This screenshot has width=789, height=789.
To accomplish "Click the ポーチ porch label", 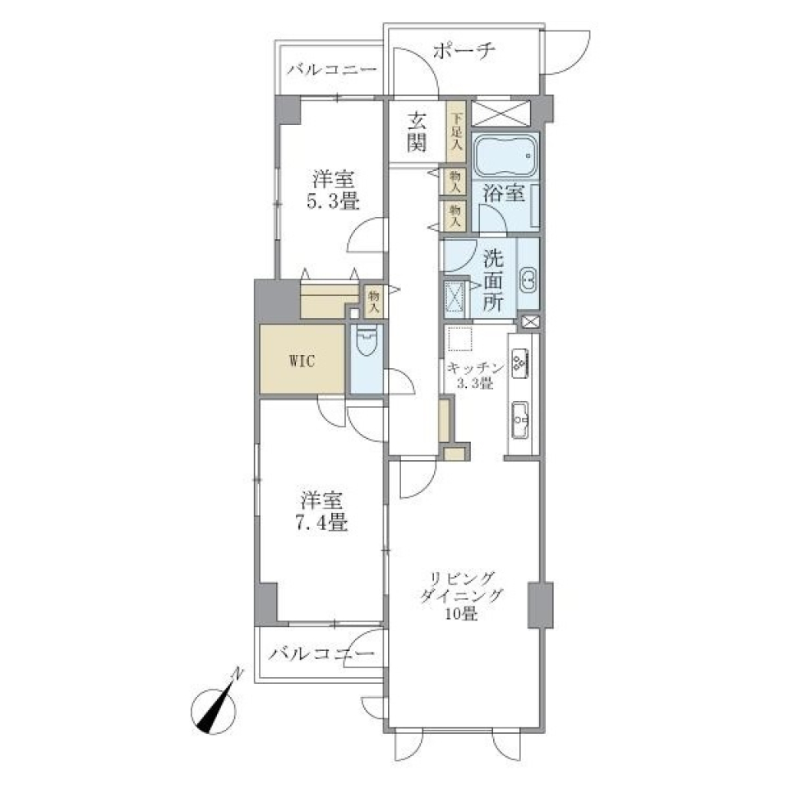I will point(463,53).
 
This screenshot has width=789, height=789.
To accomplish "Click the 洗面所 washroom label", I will point(493,279).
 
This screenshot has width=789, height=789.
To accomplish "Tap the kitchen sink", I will point(520,422).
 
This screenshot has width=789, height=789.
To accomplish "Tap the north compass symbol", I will point(218,705).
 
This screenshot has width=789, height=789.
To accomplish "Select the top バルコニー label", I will point(331,70).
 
